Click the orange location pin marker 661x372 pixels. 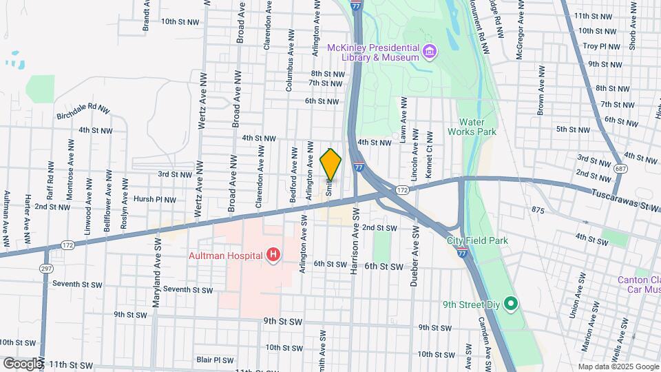pos(330,164)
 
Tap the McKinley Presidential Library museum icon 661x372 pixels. pos(430,51)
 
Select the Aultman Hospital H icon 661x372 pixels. pos(273,256)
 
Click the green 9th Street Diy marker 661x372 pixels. pos(510,303)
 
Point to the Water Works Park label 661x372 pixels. pos(472,126)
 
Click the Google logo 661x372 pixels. pos(22,363)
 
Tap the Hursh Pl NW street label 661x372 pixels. pos(154,199)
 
